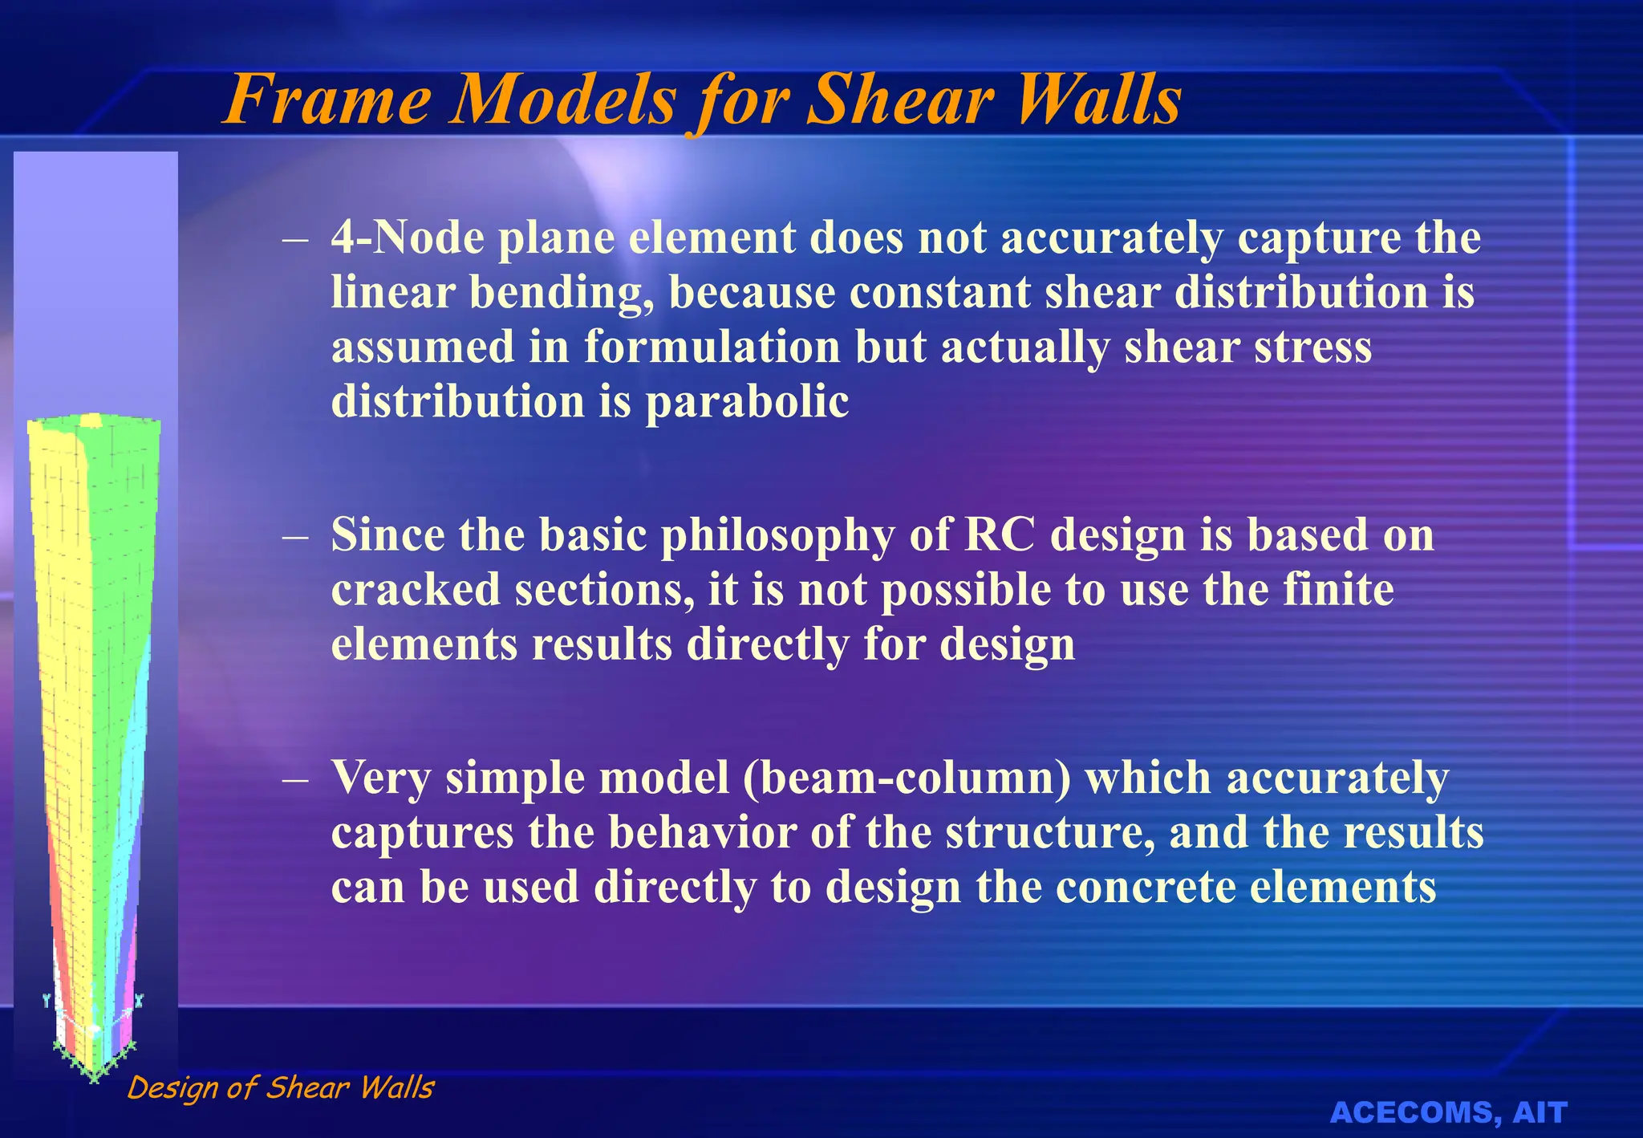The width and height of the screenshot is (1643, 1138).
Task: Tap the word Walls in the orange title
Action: [x=1100, y=100]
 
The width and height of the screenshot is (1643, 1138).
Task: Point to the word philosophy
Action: [x=777, y=536]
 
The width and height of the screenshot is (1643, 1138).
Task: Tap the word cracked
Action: [x=416, y=590]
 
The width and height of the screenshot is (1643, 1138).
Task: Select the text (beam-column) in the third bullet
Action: [x=907, y=778]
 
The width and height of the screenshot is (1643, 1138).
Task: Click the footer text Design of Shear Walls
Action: [x=280, y=1087]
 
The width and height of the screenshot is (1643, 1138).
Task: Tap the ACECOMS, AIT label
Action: [x=1448, y=1112]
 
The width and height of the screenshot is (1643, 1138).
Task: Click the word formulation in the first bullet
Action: [x=712, y=347]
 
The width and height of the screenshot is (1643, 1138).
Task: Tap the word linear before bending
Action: [x=393, y=292]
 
